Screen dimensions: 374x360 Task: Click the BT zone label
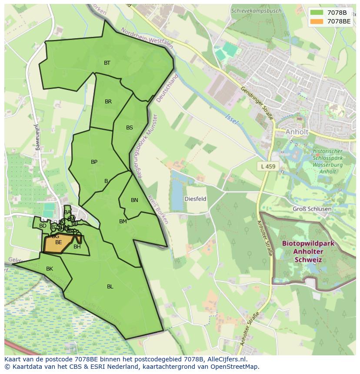coord(107,63)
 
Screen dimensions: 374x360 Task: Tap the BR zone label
coord(108,102)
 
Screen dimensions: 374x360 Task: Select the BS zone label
coord(130,128)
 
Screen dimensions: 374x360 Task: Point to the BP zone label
coord(94,162)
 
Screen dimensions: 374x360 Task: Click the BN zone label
coord(134,200)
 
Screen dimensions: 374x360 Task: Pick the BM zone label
coord(123,222)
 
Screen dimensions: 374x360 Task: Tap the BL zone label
coord(110,287)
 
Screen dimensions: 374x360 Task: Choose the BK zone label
coord(50,269)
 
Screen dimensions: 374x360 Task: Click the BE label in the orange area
coord(58,242)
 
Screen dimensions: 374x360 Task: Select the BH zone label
coord(77,247)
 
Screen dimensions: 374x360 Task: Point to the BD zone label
coord(43,226)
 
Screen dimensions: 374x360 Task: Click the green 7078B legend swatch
coord(317,13)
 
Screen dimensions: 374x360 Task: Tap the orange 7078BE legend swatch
coord(317,21)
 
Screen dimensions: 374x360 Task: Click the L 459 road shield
coord(268,166)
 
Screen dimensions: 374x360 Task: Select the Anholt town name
coord(297,132)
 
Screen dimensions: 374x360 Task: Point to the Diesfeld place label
coord(195,199)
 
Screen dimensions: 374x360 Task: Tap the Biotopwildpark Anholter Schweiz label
coord(308,252)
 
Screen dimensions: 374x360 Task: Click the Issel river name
coord(232,119)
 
